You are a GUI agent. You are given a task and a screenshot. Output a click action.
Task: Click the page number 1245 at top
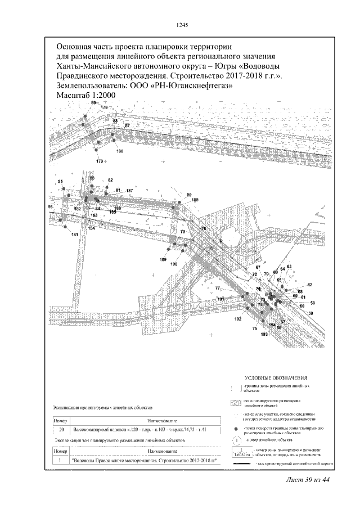[181, 24]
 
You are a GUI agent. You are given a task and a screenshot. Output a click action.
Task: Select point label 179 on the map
[100, 161]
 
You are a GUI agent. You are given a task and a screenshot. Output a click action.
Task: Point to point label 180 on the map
[119, 152]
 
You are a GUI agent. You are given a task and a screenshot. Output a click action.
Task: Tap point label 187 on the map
[129, 191]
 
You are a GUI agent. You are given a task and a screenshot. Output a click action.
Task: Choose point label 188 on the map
[195, 200]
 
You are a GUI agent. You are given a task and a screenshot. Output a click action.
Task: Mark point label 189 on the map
[163, 259]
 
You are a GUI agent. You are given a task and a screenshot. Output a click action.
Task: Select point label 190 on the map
[174, 264]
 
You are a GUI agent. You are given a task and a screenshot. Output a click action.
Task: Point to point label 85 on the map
[60, 182]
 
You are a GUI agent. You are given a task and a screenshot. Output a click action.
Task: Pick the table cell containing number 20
[61, 430]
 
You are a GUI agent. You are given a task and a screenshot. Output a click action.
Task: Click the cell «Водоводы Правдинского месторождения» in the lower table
[145, 461]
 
